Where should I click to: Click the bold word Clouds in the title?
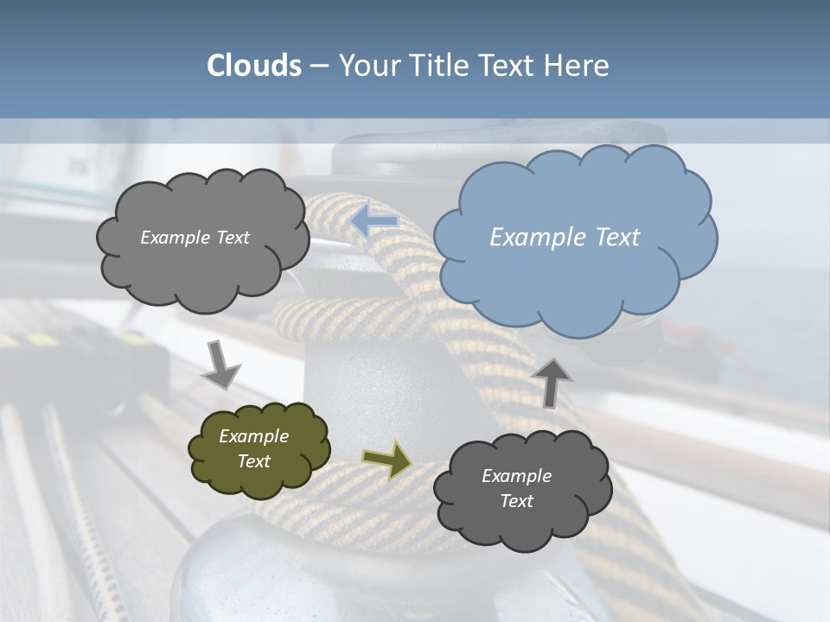(254, 66)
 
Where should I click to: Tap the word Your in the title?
(367, 66)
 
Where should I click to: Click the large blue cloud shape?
(574, 259)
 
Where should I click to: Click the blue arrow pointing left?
(374, 220)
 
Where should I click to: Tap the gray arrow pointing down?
(221, 365)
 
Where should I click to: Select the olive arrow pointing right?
(387, 460)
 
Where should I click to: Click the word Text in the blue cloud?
(617, 238)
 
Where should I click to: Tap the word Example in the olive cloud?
(253, 436)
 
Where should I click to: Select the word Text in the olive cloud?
(253, 461)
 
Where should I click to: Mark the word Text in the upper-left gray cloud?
(231, 238)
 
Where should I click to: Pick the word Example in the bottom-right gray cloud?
(516, 476)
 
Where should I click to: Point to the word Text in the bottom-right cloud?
(516, 501)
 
